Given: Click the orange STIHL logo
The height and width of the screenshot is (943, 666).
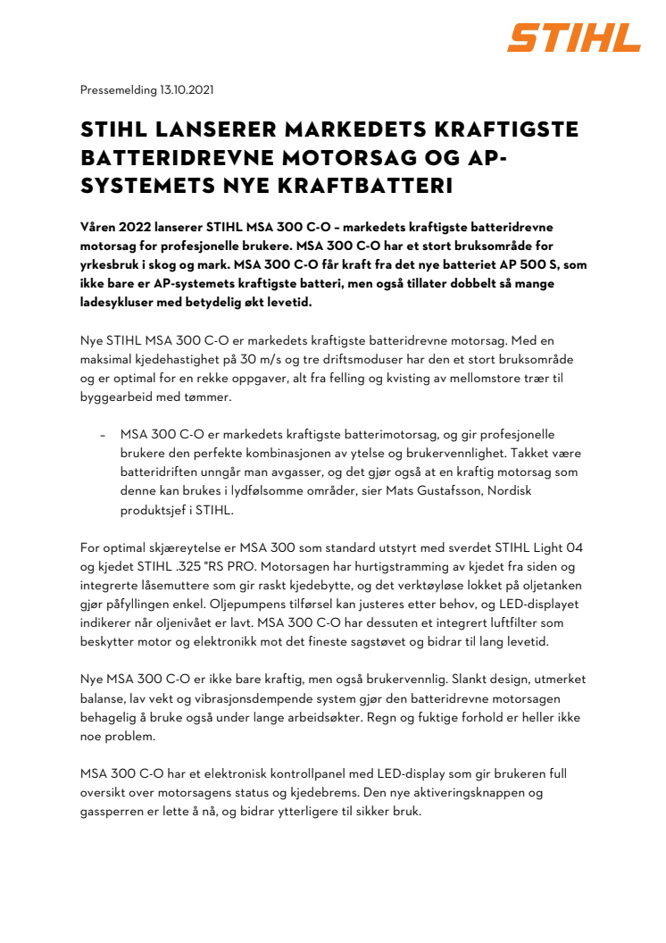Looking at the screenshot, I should point(574,38).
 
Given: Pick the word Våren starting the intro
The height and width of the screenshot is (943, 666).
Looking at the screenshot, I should point(99,228).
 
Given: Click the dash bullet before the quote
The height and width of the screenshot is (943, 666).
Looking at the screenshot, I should point(104,434).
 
